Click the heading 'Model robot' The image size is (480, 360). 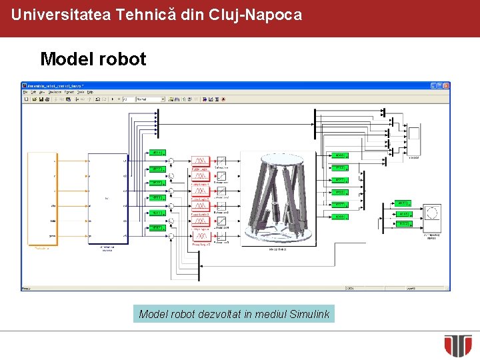click(x=93, y=59)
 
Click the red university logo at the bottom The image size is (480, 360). click(x=458, y=345)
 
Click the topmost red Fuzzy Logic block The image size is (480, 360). click(x=200, y=161)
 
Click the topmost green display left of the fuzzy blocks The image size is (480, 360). click(x=157, y=153)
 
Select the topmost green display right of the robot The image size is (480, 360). click(x=339, y=155)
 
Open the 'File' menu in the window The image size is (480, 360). click(x=25, y=92)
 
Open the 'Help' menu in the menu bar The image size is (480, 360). click(x=90, y=92)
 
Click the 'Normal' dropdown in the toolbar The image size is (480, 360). click(x=150, y=99)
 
